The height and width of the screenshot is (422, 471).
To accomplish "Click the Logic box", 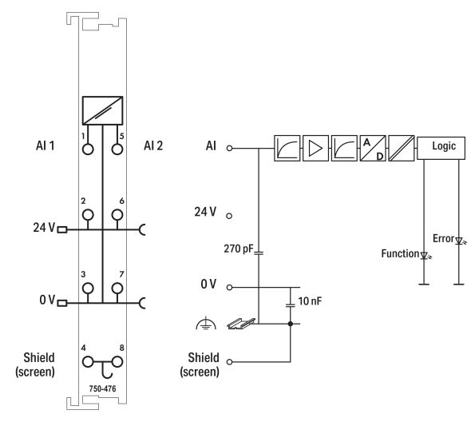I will click(x=444, y=148).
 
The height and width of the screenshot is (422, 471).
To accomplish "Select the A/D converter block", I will click(x=372, y=148).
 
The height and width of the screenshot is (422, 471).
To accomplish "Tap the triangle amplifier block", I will click(x=315, y=148).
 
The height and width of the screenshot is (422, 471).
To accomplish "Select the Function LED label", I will click(x=399, y=254).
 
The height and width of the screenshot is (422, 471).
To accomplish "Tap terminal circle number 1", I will click(x=88, y=148).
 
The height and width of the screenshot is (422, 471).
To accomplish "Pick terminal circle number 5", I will click(x=118, y=148).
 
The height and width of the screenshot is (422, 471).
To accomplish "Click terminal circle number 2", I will click(x=88, y=214).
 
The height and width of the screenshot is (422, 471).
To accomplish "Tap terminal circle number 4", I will click(x=88, y=360).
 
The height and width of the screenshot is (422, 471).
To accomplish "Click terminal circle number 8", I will click(x=118, y=360).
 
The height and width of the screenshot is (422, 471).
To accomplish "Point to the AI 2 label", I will click(x=154, y=148).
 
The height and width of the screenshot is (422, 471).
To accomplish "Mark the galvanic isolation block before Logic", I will click(x=401, y=148).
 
